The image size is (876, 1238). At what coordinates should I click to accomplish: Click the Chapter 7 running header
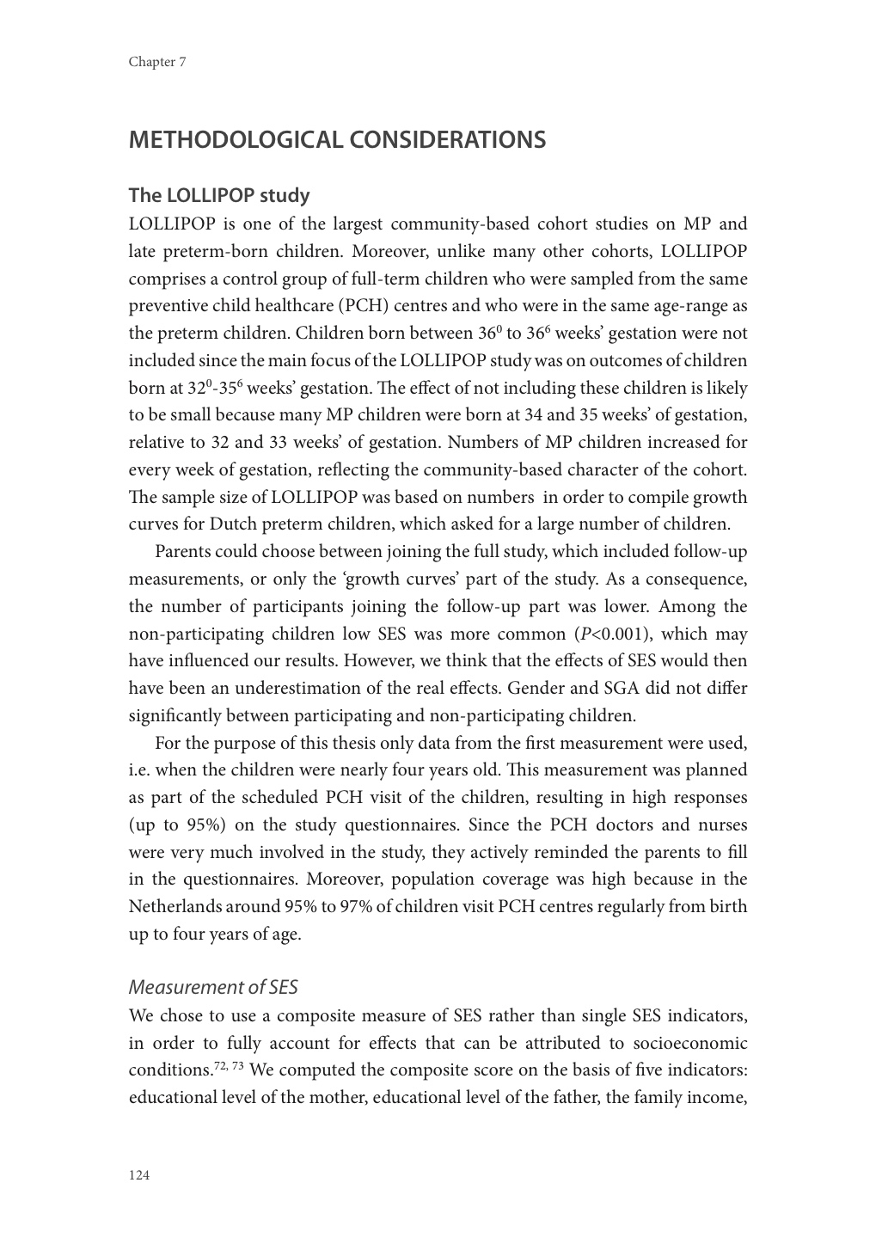[157, 62]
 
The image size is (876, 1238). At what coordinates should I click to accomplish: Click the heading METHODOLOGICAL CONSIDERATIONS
[337, 140]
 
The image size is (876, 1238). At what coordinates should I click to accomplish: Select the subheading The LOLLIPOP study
[218, 195]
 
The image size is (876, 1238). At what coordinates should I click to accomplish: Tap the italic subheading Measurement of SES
[213, 987]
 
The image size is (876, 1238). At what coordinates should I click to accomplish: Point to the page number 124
[139, 1175]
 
